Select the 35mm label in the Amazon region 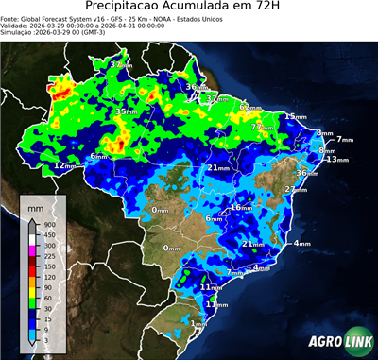[x=125, y=111]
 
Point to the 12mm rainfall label [x=63, y=165]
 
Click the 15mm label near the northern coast [x=295, y=116]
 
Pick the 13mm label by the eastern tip [x=332, y=160]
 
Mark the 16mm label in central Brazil [x=242, y=207]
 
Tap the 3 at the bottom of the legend [x=46, y=337]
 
